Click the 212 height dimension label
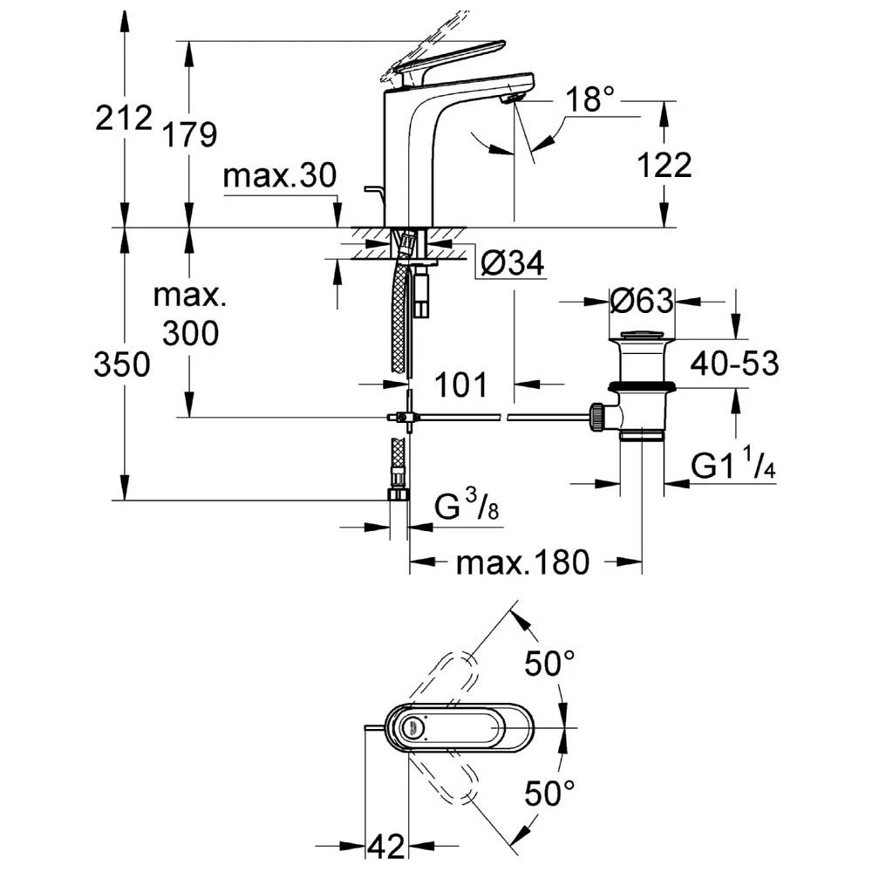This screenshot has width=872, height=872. [125, 117]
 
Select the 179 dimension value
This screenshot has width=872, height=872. [188, 133]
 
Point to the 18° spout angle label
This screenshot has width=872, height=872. [595, 100]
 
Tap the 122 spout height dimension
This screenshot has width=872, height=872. [664, 164]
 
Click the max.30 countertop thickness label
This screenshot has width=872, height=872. [279, 177]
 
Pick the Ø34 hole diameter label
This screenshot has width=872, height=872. [514, 262]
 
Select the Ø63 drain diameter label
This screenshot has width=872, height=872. [642, 302]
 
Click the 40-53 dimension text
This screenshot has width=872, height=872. [734, 363]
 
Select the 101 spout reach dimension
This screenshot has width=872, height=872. [461, 384]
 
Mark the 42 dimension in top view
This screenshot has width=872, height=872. [385, 844]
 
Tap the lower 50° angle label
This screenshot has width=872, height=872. [549, 794]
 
